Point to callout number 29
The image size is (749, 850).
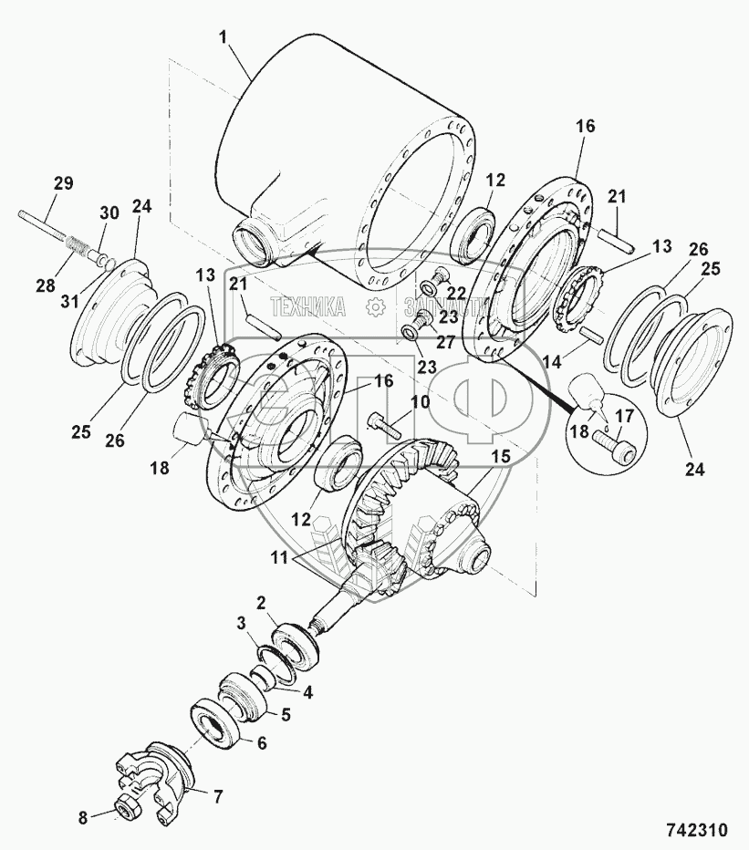(63, 182)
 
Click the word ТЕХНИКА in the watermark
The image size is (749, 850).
(310, 307)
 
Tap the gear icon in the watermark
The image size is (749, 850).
(374, 307)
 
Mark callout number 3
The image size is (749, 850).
(241, 623)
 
